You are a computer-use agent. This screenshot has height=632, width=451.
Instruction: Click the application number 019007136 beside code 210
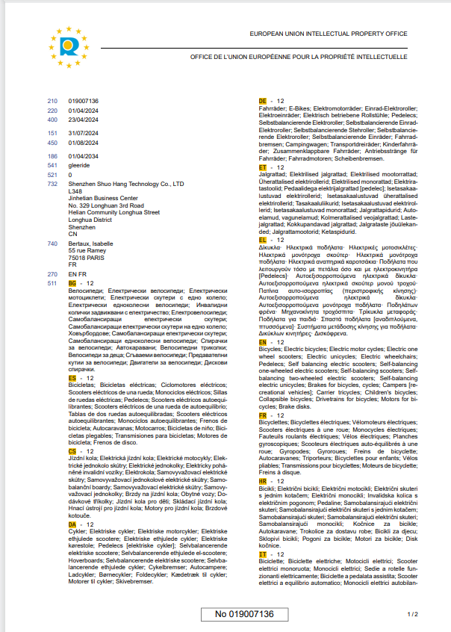click(83, 100)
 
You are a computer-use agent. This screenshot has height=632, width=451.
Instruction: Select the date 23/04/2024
click(81, 120)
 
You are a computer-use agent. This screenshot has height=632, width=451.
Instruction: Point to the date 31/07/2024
click(81, 133)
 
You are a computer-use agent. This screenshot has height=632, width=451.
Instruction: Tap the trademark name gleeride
click(79, 165)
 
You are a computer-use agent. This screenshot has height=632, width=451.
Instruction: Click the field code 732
click(52, 183)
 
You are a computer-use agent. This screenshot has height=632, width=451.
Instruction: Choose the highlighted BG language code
click(72, 283)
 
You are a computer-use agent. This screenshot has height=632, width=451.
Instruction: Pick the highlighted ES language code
click(72, 378)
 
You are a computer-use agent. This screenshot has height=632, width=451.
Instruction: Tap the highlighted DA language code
click(72, 524)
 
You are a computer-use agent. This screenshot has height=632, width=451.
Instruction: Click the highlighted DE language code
click(263, 100)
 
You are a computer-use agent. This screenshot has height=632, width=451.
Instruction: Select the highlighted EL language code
click(263, 240)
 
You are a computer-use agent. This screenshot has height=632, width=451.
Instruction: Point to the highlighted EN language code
click(263, 341)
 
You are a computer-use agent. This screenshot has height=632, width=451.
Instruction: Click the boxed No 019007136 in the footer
click(245, 614)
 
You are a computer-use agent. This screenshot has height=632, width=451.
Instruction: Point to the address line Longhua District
click(90, 220)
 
